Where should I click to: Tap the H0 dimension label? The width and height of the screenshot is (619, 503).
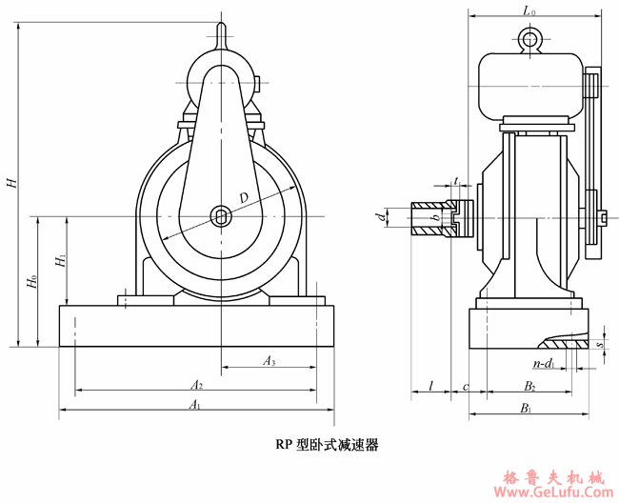tap(31, 282)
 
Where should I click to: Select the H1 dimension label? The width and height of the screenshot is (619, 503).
tap(59, 259)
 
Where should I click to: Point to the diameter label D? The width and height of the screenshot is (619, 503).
tap(245, 197)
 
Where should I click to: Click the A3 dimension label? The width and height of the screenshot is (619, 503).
tap(270, 361)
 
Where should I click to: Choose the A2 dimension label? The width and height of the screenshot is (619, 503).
tap(196, 385)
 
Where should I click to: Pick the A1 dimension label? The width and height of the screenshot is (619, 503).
tap(194, 406)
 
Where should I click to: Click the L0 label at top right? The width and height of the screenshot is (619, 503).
tap(530, 10)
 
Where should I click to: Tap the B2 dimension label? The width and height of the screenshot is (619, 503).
tap(529, 386)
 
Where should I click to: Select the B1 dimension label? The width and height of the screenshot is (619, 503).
tap(526, 408)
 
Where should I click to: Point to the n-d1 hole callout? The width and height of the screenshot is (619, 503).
tap(543, 363)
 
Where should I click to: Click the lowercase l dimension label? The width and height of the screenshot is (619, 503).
tap(431, 386)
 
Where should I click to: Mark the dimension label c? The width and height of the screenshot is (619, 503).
tap(465, 386)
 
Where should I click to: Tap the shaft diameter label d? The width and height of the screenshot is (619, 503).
tap(381, 218)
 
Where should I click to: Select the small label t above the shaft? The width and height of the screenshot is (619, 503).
tap(457, 180)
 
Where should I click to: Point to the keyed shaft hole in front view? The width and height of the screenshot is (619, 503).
tap(221, 216)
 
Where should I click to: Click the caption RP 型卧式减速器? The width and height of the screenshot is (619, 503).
tap(327, 444)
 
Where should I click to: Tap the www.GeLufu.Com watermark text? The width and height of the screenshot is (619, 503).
tap(554, 493)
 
